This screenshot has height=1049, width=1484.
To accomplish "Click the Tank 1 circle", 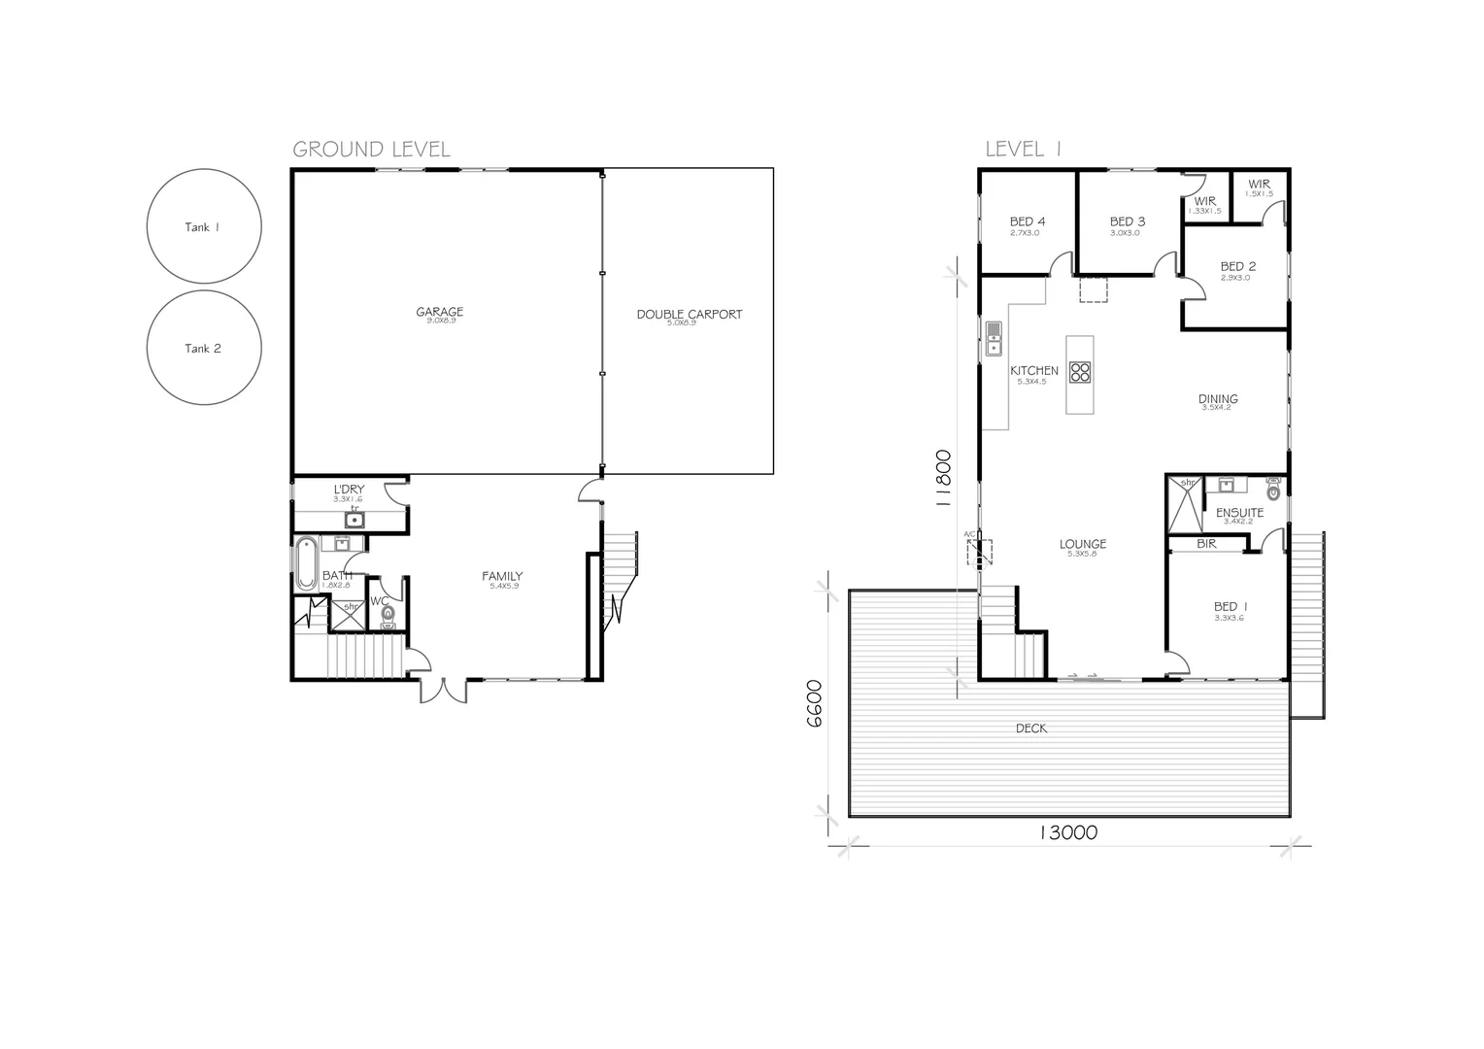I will [203, 226].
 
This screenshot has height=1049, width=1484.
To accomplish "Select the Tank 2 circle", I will [203, 348].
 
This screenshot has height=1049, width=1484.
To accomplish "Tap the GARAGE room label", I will [440, 312].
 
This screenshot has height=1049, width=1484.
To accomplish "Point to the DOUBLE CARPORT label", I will [689, 314].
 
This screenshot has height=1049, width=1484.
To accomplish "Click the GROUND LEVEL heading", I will [371, 149].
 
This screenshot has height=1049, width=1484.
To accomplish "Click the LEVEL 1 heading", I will [1023, 149].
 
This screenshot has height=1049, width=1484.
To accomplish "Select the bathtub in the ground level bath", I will [306, 561].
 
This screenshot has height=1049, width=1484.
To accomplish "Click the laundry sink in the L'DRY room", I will [354, 520].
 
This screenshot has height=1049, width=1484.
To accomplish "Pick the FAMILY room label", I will [502, 576].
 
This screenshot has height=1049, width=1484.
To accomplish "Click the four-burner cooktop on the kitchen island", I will [1080, 372].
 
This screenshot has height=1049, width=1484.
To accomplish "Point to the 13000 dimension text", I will [1067, 832].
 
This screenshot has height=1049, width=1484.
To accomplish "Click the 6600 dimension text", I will [814, 703].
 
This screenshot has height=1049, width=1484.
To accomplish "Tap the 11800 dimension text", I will [941, 479].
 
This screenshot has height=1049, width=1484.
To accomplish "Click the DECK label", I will [1030, 728].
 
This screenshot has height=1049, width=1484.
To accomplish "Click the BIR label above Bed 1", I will [1206, 544].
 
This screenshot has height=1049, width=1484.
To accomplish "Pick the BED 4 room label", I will [1028, 221].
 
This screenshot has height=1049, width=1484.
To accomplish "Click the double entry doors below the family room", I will [443, 690].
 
